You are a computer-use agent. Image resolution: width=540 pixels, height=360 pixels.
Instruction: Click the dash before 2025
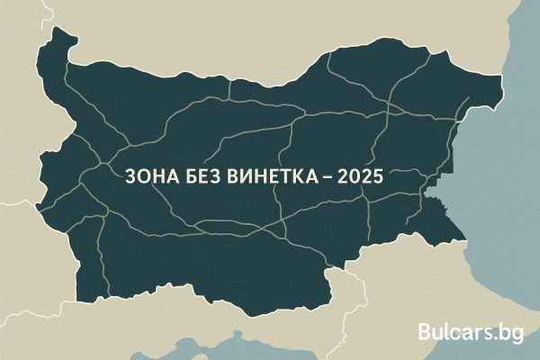pos(322,177)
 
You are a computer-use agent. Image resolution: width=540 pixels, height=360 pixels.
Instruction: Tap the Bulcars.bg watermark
pos(471,333)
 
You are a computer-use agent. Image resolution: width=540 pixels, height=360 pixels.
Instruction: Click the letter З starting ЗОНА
pos(123,177)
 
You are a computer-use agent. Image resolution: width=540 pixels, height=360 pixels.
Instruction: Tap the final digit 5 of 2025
pos(378,177)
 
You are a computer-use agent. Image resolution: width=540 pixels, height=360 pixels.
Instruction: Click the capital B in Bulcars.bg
pos(426,333)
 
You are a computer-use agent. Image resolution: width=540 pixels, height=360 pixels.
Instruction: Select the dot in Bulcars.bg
pos(499,339)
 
